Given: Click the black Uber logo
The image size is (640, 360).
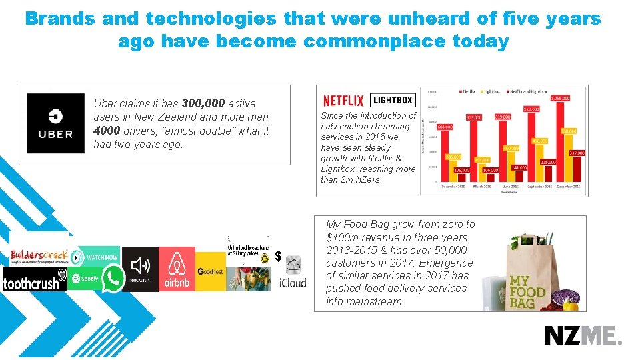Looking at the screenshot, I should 55,123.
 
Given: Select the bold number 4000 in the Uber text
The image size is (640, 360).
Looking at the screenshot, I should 107,131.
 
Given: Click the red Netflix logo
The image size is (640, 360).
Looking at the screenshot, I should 343,101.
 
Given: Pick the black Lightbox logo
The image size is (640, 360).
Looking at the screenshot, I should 392,100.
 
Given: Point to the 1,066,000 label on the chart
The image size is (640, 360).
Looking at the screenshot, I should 560,98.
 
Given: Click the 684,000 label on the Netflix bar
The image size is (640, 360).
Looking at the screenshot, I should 445,127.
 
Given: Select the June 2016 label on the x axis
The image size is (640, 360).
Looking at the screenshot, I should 510,187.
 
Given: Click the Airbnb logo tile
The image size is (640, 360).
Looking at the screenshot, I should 177,269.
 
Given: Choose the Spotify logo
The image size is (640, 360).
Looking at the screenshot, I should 85,278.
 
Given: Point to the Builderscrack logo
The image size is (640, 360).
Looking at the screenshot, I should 39,256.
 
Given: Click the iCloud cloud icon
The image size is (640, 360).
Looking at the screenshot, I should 293,265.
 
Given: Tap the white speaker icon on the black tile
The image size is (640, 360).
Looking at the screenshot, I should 140,266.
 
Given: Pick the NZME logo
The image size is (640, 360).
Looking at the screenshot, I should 583,335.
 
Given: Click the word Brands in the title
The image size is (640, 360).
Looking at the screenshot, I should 60,19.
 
